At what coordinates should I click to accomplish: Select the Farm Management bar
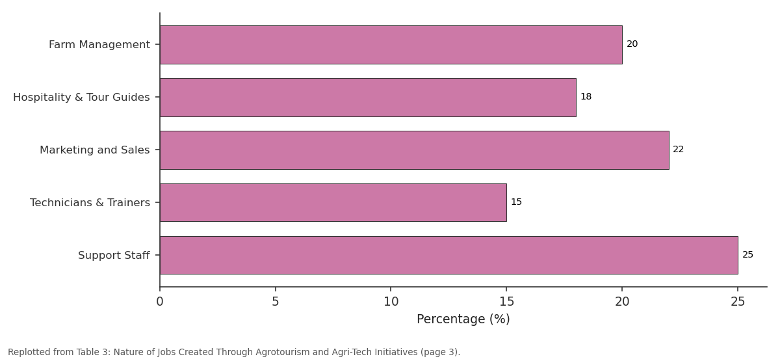[391, 45]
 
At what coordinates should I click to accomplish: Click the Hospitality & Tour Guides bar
[368, 98]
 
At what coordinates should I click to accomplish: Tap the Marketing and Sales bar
[415, 150]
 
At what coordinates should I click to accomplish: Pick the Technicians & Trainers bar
[333, 202]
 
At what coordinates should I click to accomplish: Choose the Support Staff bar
[449, 256]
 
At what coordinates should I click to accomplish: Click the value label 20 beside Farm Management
[632, 44]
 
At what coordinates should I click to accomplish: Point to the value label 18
[586, 96]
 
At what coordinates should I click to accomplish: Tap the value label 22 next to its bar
[679, 150]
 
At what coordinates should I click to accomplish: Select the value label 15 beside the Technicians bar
[516, 202]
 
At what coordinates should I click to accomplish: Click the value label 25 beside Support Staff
[747, 255]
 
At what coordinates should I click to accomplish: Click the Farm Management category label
[99, 45]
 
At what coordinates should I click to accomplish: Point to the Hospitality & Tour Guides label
[81, 97]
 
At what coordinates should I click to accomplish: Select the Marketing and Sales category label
[95, 150]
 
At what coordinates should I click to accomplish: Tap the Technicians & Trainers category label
[90, 202]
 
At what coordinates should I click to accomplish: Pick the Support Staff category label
[114, 256]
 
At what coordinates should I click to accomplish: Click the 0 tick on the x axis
[160, 302]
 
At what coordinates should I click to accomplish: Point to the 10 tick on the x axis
[391, 302]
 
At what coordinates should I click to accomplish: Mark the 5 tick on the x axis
[276, 302]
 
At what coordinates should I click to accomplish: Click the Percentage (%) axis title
[463, 319]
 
